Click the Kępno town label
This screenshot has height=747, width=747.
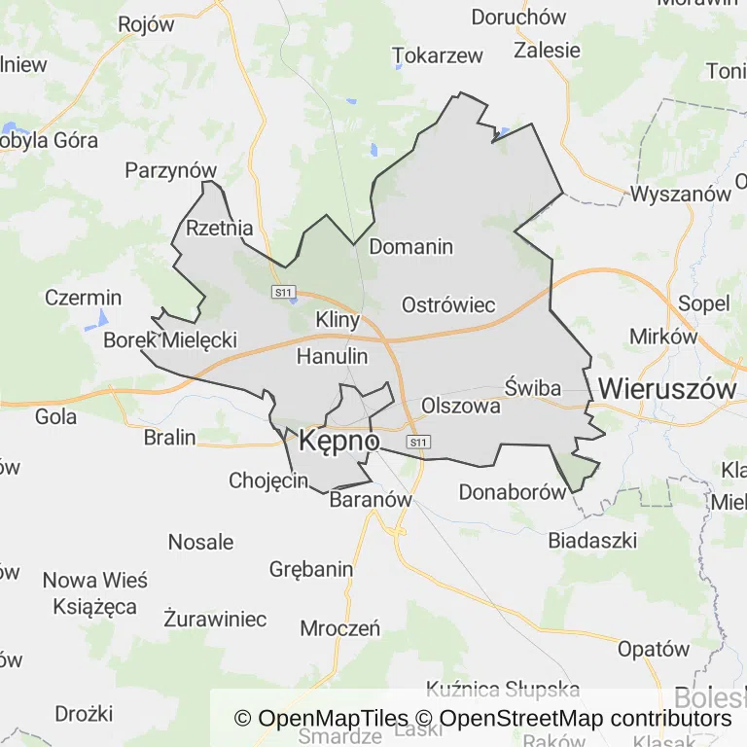pos(338,441)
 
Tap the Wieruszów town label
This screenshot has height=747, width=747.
pos(667,388)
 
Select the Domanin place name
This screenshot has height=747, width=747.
pos(410,246)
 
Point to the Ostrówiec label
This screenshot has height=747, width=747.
pos(448,304)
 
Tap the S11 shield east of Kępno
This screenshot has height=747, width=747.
pos(418,443)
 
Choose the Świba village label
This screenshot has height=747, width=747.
pos(533,388)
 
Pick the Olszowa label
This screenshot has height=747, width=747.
pos(461,406)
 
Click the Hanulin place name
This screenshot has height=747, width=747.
pos(332,356)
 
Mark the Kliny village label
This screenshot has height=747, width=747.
pos(338,319)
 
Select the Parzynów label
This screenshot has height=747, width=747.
pos(170,170)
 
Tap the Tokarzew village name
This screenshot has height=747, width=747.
pos(438,55)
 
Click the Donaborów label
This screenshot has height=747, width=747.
pos(512,491)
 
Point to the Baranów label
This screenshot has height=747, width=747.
pos(371,500)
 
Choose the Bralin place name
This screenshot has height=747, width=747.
pos(169,437)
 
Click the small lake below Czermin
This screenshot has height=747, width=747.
pos(101,318)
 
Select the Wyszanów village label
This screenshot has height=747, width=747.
pos(680,194)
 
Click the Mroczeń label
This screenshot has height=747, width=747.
pos(339,627)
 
